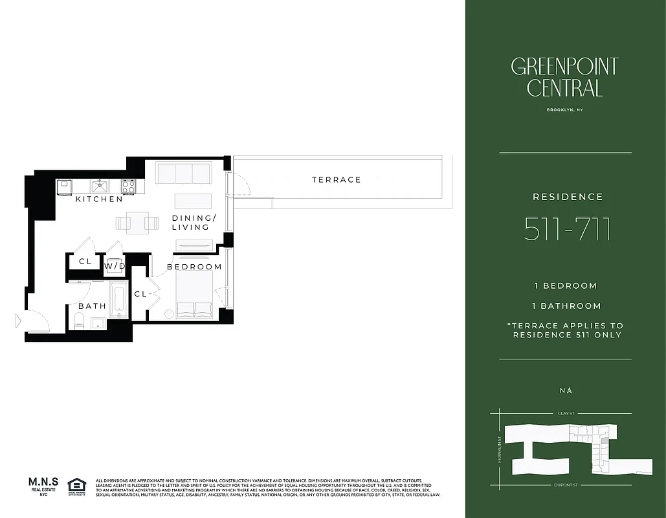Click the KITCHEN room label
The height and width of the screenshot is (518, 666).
[x=99, y=199]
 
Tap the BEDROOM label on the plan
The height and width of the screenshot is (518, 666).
[x=194, y=267]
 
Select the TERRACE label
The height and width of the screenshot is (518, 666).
[x=336, y=179]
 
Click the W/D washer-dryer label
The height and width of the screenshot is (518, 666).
[x=115, y=266]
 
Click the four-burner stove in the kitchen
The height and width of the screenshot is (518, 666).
[x=128, y=186]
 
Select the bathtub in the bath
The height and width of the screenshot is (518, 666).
[x=118, y=300]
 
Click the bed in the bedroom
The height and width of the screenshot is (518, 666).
[x=194, y=295]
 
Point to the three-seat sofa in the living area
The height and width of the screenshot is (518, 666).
[x=183, y=174]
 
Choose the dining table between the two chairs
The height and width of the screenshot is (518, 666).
[x=137, y=223]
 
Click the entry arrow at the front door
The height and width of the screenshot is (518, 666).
[x=18, y=320]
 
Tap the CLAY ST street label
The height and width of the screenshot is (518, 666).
[x=566, y=412]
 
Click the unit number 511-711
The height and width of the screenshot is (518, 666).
[x=567, y=230]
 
